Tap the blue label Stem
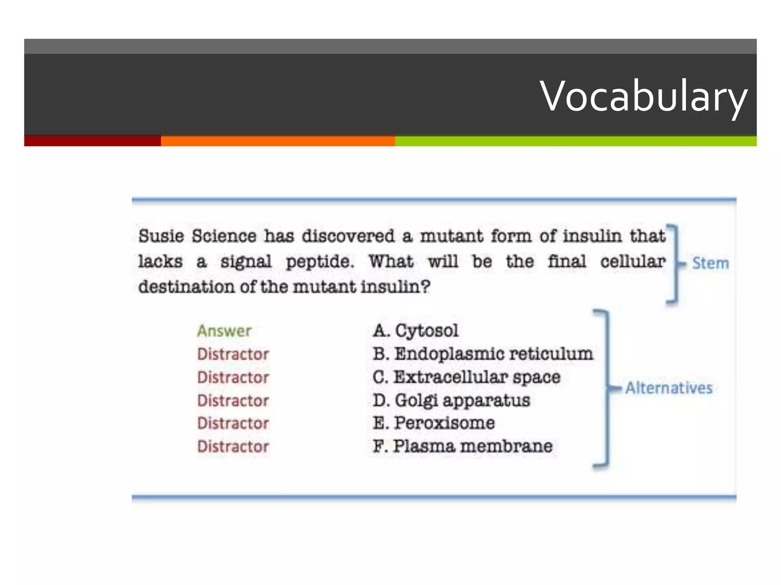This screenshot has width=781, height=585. (x=710, y=263)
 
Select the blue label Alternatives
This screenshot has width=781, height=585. (x=669, y=388)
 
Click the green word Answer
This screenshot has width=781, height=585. (x=224, y=331)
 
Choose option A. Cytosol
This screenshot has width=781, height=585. (x=416, y=330)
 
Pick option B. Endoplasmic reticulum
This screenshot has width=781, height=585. (x=483, y=354)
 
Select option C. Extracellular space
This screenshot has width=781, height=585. (x=466, y=377)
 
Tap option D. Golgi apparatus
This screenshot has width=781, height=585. (x=452, y=400)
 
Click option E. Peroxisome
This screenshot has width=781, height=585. (x=434, y=423)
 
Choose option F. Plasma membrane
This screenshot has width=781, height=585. (x=463, y=446)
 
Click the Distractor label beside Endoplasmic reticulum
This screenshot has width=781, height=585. (x=233, y=354)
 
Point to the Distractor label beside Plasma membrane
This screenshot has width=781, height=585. (x=233, y=446)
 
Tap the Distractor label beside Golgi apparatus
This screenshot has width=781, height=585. (x=233, y=401)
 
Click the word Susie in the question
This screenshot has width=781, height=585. (x=161, y=236)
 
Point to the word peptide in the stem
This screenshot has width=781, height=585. (x=320, y=262)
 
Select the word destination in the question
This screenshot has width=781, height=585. (x=186, y=287)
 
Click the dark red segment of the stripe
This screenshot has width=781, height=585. (x=92, y=141)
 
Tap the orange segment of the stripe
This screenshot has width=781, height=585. (x=278, y=141)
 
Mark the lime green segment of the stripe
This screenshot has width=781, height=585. (x=575, y=141)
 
